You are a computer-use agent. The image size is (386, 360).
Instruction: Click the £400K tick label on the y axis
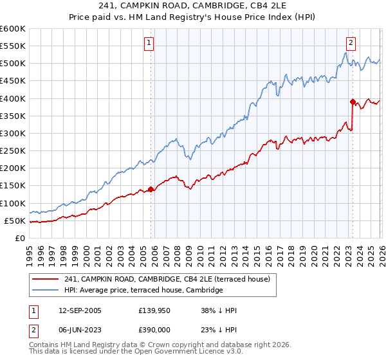pyautogui.click(x=13, y=98)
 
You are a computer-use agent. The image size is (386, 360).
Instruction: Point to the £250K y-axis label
pyautogui.click(x=13, y=150)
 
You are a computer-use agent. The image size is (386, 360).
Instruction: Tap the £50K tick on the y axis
pyautogui.click(x=15, y=221)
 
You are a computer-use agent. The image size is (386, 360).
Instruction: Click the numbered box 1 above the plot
pyautogui.click(x=149, y=43)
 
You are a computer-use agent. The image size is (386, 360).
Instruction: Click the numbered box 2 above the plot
pyautogui.click(x=351, y=43)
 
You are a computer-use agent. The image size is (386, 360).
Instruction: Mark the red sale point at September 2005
pyautogui.click(x=151, y=189)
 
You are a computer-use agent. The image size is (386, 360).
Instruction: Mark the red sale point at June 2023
pyautogui.click(x=353, y=102)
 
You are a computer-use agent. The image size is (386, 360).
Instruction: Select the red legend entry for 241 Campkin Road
pyautogui.click(x=170, y=279)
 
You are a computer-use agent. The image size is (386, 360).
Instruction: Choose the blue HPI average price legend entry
pyautogui.click(x=143, y=291)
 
